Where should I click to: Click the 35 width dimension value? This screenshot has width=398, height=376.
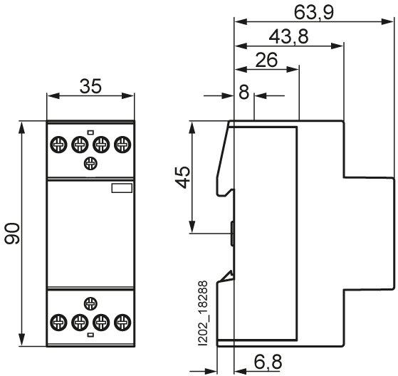[90, 86]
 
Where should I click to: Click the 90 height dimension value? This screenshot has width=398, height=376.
[13, 234]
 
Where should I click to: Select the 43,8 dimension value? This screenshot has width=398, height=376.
[288, 36]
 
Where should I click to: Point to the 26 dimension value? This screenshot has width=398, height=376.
[266, 60]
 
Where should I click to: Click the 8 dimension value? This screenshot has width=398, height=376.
[244, 92]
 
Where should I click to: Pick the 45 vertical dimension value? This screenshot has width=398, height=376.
[183, 177]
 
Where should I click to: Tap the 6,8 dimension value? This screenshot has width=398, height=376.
[268, 362]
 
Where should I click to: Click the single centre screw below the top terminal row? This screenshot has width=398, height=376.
[90, 163]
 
